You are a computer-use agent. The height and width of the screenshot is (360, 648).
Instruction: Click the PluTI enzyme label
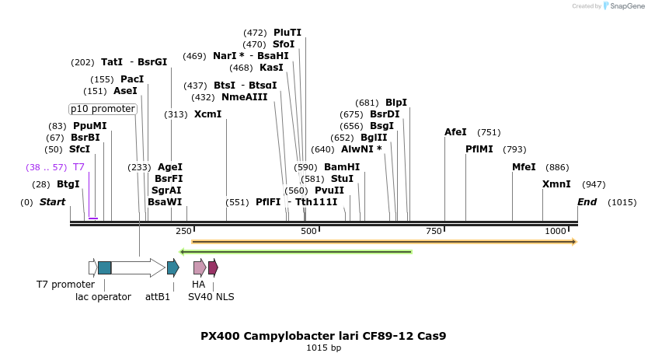(x=287, y=33)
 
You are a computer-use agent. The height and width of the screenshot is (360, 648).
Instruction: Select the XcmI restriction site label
(x=208, y=114)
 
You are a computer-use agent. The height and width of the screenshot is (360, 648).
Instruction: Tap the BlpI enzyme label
(x=396, y=103)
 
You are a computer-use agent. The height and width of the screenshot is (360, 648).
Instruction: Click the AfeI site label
(x=455, y=132)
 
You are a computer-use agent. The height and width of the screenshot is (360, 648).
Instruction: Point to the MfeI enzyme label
(x=524, y=167)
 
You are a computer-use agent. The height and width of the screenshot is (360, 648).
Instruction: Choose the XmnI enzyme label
(x=556, y=184)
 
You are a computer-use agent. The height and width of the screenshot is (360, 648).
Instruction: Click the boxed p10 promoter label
(x=103, y=109)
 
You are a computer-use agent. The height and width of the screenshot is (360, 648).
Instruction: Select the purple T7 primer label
(x=78, y=167)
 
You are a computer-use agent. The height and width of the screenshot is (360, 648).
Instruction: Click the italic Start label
(x=52, y=202)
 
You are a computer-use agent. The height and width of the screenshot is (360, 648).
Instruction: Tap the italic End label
(x=587, y=202)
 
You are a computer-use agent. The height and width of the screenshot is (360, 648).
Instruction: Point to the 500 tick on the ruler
(x=309, y=231)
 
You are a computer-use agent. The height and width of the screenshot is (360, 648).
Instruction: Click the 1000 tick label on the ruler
(x=555, y=231)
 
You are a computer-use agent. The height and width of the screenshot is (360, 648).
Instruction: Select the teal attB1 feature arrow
(x=173, y=267)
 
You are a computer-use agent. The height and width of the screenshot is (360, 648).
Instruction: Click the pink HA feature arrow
(x=200, y=267)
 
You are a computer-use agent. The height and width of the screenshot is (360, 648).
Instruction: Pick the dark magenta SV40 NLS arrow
(x=213, y=267)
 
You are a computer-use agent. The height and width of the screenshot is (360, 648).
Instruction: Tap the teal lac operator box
(x=105, y=267)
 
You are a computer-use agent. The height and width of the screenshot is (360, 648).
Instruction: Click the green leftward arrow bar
(x=295, y=251)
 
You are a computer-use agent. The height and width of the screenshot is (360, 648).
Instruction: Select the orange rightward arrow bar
(x=384, y=242)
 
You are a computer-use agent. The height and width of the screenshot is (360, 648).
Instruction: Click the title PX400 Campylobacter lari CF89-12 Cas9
(x=323, y=336)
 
